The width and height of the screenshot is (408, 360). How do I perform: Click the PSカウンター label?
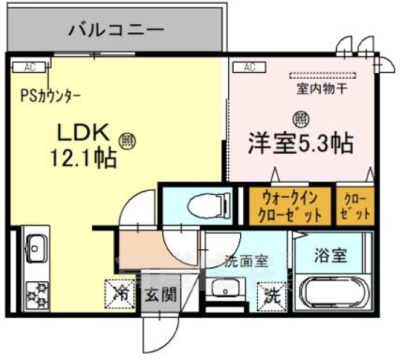pos(51,97)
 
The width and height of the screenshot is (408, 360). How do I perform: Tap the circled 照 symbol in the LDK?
pos(127,140)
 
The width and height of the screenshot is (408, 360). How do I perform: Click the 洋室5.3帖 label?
pos(300,143)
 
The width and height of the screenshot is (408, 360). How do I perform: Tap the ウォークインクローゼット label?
pos(291,206)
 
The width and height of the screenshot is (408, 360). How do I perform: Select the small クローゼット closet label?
pos(355,206)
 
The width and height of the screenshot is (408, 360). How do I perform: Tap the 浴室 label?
pos(331,255)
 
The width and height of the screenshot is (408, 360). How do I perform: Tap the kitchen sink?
pos(35,245)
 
